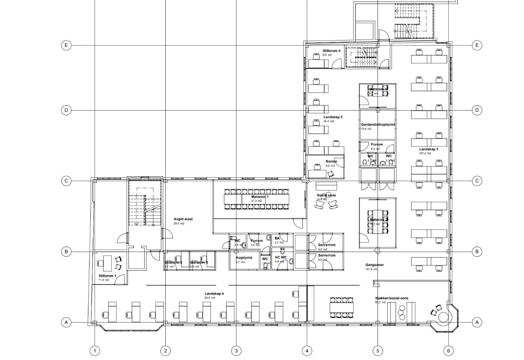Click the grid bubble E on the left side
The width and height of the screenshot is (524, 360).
(66, 45)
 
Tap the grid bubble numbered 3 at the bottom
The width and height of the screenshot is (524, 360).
(236, 350)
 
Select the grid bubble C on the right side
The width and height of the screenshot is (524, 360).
(477, 181)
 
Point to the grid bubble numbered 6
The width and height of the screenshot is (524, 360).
(448, 350)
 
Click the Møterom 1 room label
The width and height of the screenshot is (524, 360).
(260, 197)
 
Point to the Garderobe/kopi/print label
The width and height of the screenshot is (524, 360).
(378, 124)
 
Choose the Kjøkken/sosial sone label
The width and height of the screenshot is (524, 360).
(392, 298)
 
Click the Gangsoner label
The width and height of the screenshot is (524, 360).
(374, 265)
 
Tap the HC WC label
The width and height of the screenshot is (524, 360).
(281, 257)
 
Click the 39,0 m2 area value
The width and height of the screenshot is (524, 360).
(179, 224)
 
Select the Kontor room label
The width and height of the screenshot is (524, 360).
(331, 161)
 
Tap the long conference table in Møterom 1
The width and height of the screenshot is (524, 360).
(257, 199)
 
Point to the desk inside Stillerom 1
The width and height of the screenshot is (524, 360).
(106, 262)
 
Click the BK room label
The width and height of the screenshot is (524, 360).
(277, 238)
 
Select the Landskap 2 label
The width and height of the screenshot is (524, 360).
(333, 117)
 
